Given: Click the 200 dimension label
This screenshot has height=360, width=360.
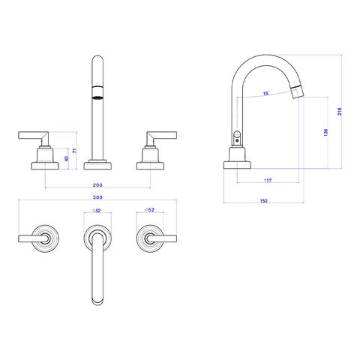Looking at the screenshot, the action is coord(97,185).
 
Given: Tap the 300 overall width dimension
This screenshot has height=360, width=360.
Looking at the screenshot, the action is coord(97,197).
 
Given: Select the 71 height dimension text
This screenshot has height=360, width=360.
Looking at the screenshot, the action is coord(74,151).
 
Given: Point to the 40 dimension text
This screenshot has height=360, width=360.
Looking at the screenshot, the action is coord(66,158).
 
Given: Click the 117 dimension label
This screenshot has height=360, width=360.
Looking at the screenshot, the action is coord(268,180).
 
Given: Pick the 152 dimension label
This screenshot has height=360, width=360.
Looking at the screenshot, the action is coord(264,201).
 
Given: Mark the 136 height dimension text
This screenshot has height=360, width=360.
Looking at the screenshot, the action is coord(325,133).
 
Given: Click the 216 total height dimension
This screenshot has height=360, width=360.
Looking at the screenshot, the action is coord(340,112).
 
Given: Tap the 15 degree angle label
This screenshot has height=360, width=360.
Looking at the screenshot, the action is coord(265,94).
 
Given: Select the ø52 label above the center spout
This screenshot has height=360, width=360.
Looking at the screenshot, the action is coord(97,211).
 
